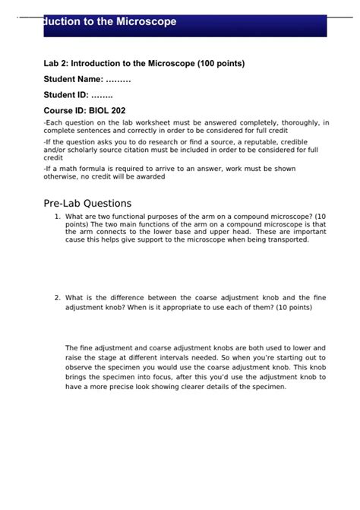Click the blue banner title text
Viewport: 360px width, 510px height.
coord(110,22)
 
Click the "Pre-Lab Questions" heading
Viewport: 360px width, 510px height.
coord(87,203)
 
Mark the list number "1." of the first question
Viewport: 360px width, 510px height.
coord(58,217)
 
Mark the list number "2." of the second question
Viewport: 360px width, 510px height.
coord(58,297)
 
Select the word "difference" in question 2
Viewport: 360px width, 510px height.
coord(136,297)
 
